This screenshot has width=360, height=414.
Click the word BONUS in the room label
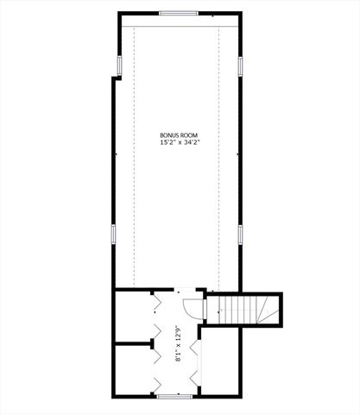(169, 135)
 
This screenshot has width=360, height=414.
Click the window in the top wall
(178, 14)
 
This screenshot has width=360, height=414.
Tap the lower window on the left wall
(113, 234)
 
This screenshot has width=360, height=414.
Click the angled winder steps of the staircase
(269, 308)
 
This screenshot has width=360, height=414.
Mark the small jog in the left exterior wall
(115, 78)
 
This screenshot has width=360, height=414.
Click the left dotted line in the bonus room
(136, 155)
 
